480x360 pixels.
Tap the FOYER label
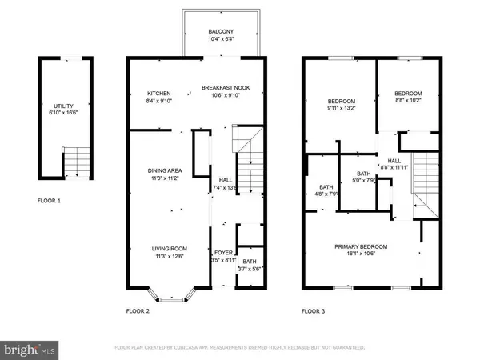click(x=223, y=253)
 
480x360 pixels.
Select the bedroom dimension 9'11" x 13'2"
click(x=341, y=110)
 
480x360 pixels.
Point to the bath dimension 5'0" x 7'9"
click(x=364, y=180)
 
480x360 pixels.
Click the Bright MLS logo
click(x=30, y=349)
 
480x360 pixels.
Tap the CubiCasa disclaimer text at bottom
click(x=240, y=349)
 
